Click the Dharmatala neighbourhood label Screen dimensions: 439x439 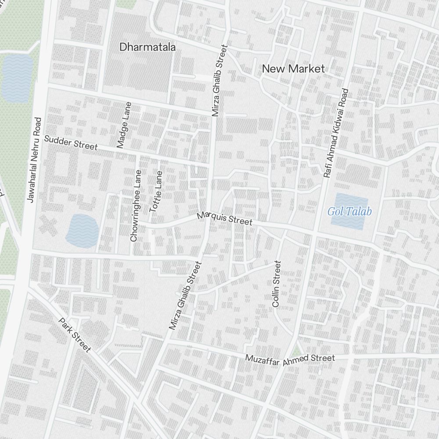pos(148,47)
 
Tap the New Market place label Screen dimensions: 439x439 pos(293,68)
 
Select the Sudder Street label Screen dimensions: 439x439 pos(71,143)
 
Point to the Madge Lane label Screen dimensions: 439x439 pos(124,125)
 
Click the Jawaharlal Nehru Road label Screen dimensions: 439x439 pos(34,160)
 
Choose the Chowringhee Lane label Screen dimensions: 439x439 pos(136,205)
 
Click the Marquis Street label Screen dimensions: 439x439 pos(224,219)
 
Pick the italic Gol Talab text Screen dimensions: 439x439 pos(349,212)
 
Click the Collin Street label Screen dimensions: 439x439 pos(276,284)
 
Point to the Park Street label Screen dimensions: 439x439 pos(75,335)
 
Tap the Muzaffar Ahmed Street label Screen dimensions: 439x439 pos(290,358)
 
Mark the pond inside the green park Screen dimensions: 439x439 pos(17,78)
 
